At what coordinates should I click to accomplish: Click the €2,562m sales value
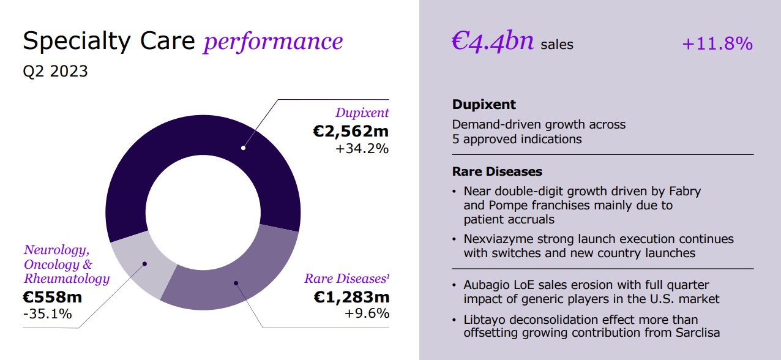(x=351, y=130)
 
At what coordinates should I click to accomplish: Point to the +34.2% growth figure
(x=362, y=148)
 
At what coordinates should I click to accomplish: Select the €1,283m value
(x=351, y=297)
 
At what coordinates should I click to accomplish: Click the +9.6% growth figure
(x=367, y=313)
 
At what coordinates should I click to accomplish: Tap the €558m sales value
(x=53, y=297)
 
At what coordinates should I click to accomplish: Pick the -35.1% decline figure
(x=47, y=314)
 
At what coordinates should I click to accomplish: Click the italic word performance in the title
(x=273, y=41)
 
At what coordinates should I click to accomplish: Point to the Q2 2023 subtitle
(x=55, y=71)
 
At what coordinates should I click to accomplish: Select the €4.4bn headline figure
(x=493, y=42)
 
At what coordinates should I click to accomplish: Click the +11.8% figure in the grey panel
(x=717, y=43)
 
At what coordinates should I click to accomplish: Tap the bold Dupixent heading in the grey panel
(x=484, y=104)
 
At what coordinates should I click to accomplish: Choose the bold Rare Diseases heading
(x=497, y=171)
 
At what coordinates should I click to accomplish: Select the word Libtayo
(x=484, y=320)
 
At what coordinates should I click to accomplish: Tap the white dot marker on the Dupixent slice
(x=243, y=148)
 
